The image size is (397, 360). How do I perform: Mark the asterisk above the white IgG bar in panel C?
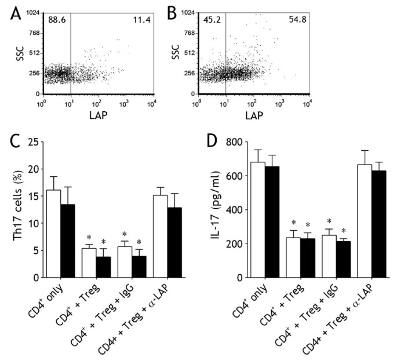125,235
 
